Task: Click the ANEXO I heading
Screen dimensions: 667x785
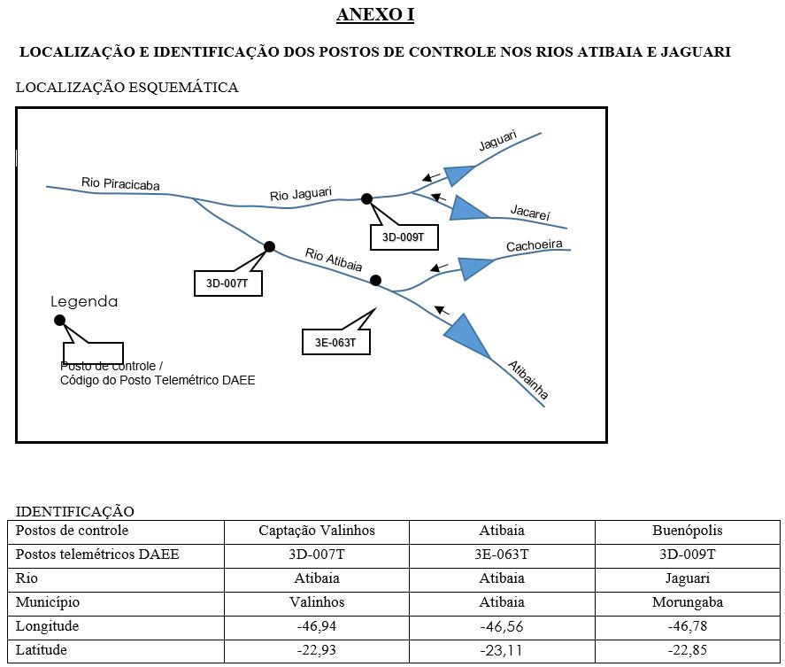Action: click(375, 15)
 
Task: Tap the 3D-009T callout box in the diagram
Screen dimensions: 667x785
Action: click(404, 237)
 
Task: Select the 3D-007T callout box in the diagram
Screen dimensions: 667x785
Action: click(227, 283)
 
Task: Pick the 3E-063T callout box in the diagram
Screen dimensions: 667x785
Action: click(335, 342)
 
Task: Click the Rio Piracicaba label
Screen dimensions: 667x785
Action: click(120, 183)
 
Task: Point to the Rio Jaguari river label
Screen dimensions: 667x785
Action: click(301, 194)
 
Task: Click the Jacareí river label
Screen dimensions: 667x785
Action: click(530, 213)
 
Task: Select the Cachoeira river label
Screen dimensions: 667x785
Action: click(535, 246)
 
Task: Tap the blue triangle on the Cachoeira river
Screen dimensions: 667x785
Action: click(476, 267)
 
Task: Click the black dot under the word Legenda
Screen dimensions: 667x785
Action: click(59, 320)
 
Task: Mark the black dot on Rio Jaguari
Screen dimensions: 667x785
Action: click(366, 198)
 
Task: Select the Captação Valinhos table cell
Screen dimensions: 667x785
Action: click(317, 531)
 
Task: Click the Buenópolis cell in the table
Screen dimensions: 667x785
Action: click(687, 531)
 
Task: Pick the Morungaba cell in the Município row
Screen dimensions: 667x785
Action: click(687, 602)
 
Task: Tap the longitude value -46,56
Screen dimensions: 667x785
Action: click(502, 626)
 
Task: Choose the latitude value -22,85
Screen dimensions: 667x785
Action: click(687, 650)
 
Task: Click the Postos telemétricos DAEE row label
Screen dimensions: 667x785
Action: click(97, 555)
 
